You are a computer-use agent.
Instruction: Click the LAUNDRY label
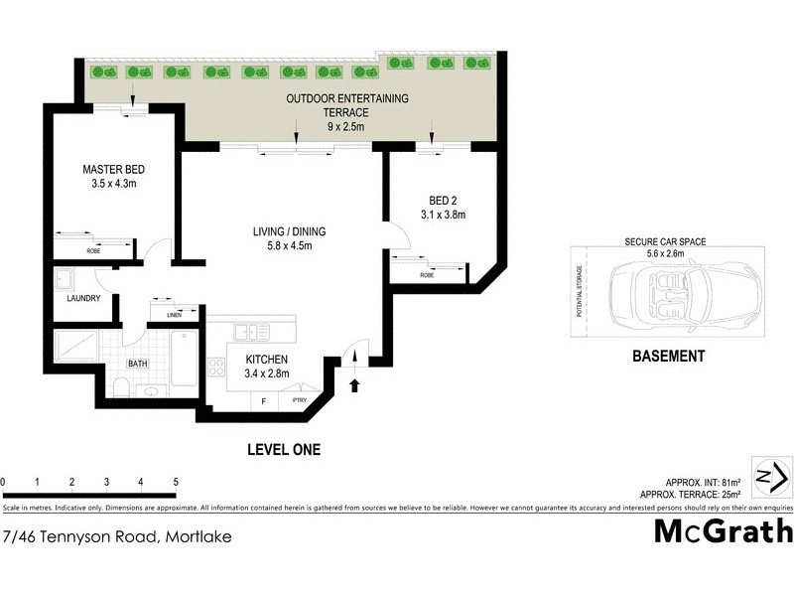[x=82, y=298]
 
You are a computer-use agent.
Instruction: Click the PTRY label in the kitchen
[x=300, y=400]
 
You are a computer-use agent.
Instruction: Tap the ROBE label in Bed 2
[x=427, y=275]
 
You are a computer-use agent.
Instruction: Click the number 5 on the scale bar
[x=176, y=482]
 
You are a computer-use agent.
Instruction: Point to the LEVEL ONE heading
[x=283, y=450]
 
